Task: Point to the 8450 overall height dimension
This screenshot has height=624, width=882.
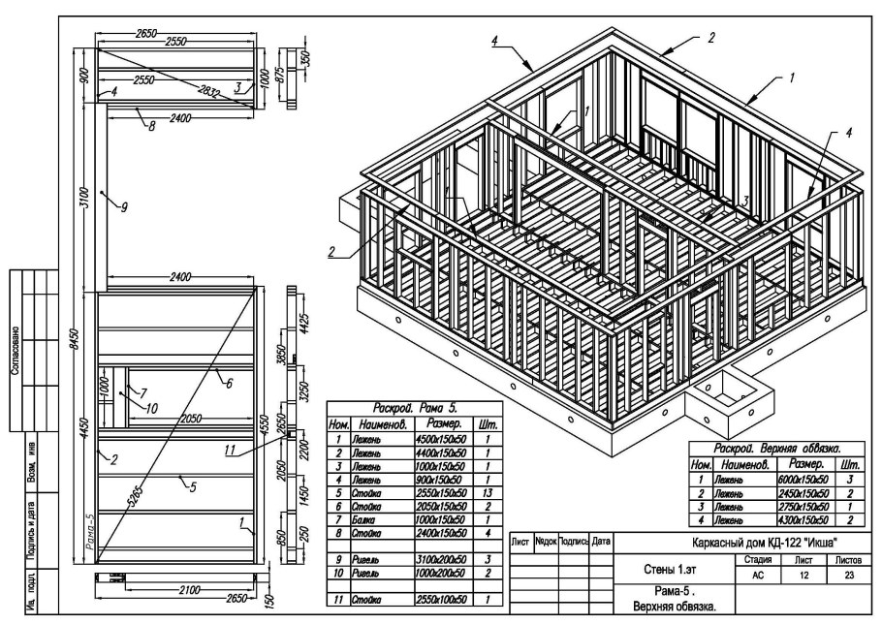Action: click(75, 339)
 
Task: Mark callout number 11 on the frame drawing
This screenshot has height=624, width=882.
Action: click(229, 451)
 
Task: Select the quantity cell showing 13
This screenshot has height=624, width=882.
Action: click(485, 493)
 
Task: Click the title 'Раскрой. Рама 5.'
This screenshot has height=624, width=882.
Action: click(414, 410)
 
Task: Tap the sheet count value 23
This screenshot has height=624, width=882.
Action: click(844, 575)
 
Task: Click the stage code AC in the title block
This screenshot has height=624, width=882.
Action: click(758, 575)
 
